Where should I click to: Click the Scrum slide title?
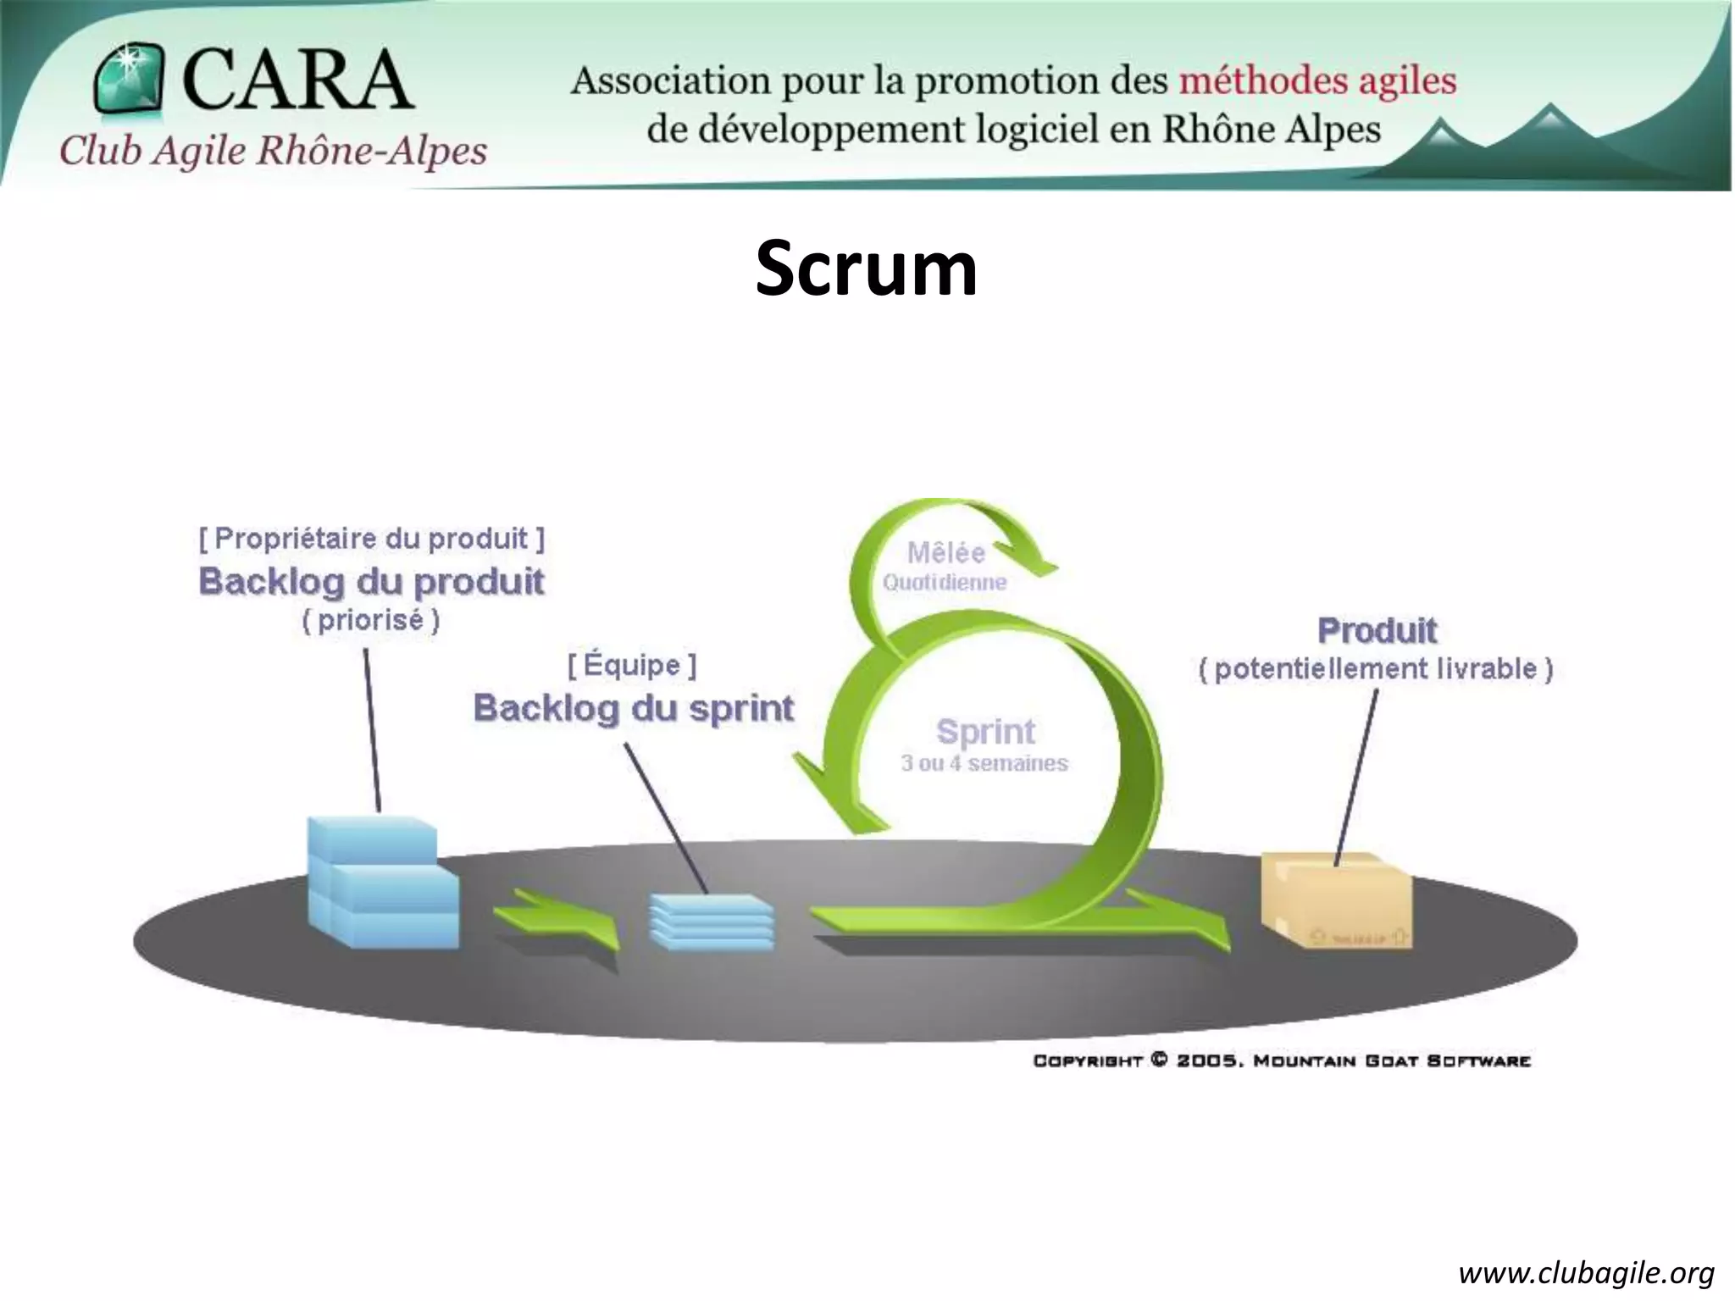[x=866, y=269]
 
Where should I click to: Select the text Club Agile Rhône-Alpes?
[x=273, y=152]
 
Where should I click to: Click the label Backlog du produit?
[x=371, y=582]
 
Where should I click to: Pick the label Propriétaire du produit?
[x=371, y=538]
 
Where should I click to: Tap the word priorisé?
[x=371, y=620]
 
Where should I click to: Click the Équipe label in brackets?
[x=632, y=665]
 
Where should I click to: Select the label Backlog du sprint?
[x=634, y=708]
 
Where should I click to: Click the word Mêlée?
[x=946, y=553]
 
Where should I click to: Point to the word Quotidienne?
[x=945, y=583]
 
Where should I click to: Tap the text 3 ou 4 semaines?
[x=984, y=763]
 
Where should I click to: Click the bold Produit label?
[x=1377, y=630]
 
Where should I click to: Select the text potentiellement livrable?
[x=1376, y=669]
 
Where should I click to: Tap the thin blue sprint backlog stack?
[x=712, y=922]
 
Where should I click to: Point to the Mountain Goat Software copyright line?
[x=1282, y=1060]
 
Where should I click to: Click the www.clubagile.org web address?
[x=1586, y=1273]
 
